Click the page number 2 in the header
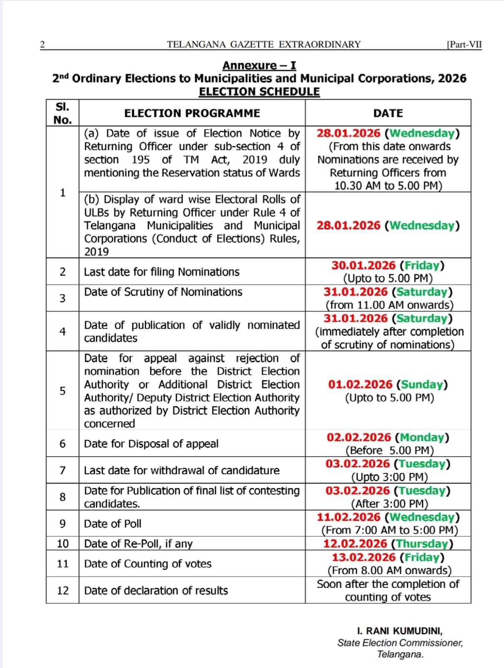42,45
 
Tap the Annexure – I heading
259,66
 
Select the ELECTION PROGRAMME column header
192,113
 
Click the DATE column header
388,113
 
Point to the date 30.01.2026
363,266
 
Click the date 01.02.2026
360,385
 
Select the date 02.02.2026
359,438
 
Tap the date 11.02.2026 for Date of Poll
348,517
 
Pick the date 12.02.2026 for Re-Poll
355,544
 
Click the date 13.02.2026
363,557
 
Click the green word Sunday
422,385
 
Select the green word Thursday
422,544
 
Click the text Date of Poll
113,524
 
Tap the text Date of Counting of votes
148,564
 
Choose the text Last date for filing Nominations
161,272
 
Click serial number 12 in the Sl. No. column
63,590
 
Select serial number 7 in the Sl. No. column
63,471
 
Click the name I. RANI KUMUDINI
400,631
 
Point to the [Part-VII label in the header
464,45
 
